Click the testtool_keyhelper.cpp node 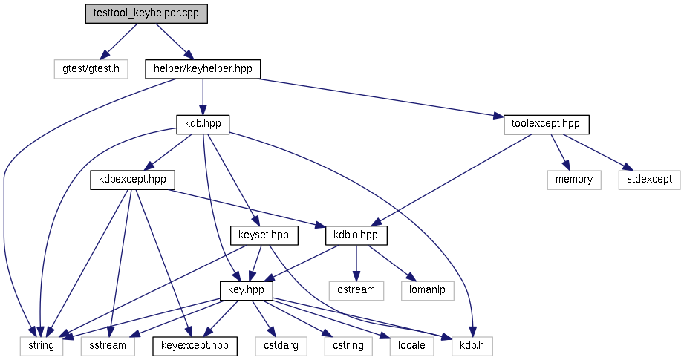[146, 14]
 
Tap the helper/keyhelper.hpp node [203, 69]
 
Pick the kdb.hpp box [203, 124]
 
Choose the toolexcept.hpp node [546, 124]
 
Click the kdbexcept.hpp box [132, 180]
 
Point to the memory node [574, 180]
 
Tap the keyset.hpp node [264, 235]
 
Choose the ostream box [356, 290]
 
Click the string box [41, 345]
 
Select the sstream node [108, 345]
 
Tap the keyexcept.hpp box [195, 345]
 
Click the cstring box [348, 345]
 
